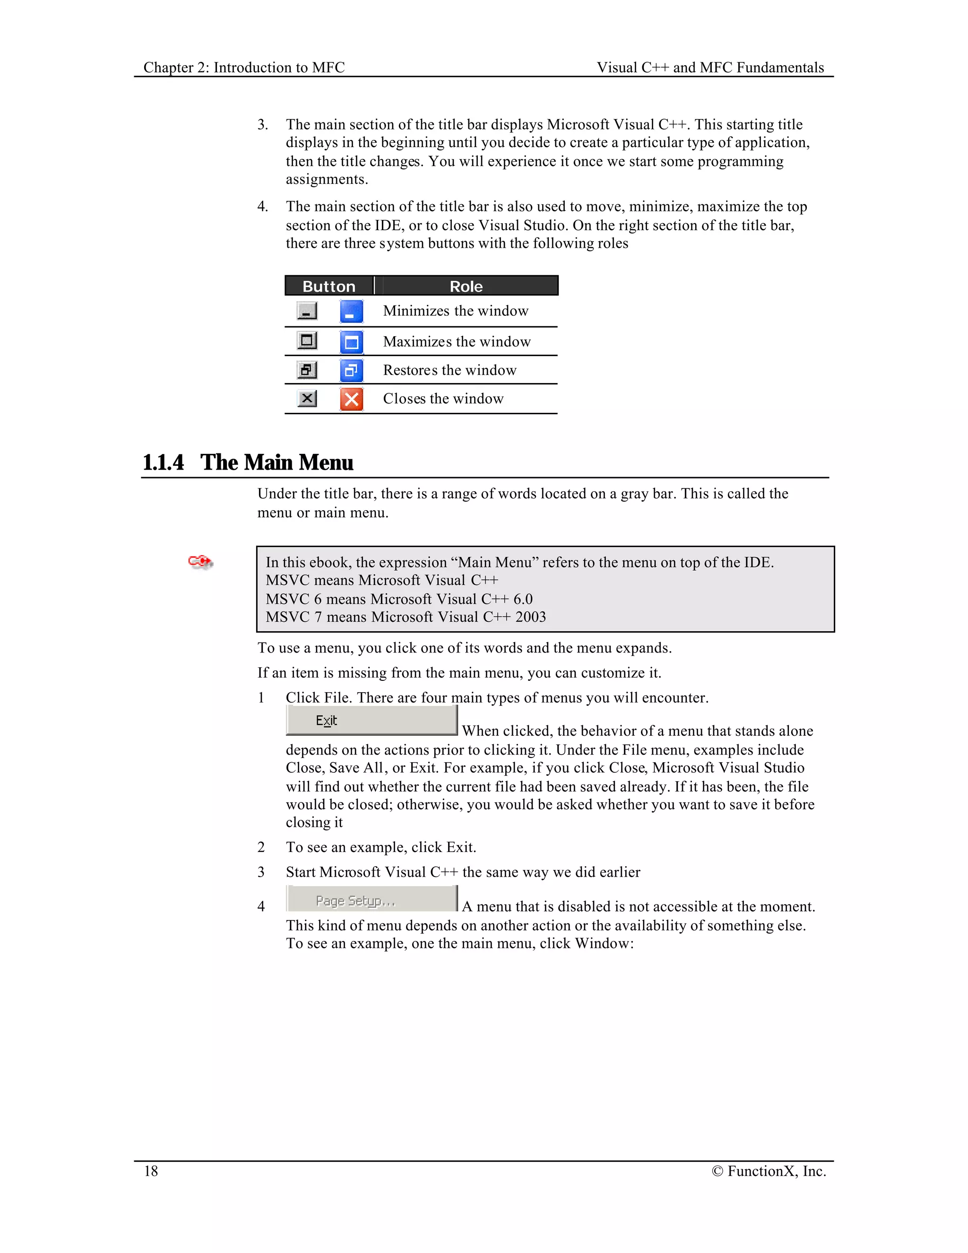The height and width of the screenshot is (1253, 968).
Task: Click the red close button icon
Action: pos(352,399)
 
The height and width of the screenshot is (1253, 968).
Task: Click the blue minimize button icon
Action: pos(352,312)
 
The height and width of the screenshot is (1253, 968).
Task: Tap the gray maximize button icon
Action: pos(307,341)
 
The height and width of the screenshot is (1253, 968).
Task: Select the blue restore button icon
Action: pos(352,370)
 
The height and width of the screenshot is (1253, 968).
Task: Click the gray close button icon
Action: pos(307,398)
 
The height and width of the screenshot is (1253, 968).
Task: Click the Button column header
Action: pos(328,286)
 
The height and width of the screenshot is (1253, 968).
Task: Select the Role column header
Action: pos(466,286)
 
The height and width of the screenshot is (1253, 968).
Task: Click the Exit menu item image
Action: pos(372,721)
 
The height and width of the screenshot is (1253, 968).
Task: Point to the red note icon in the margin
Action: pos(200,561)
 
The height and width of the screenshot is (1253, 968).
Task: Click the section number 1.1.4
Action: pos(164,462)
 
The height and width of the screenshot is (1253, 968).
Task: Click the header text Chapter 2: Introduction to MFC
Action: pos(244,68)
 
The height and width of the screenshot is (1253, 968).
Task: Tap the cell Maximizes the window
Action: pos(457,342)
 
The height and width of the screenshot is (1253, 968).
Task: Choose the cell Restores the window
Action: pos(449,370)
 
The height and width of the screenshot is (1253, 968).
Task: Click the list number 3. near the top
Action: pos(263,124)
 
